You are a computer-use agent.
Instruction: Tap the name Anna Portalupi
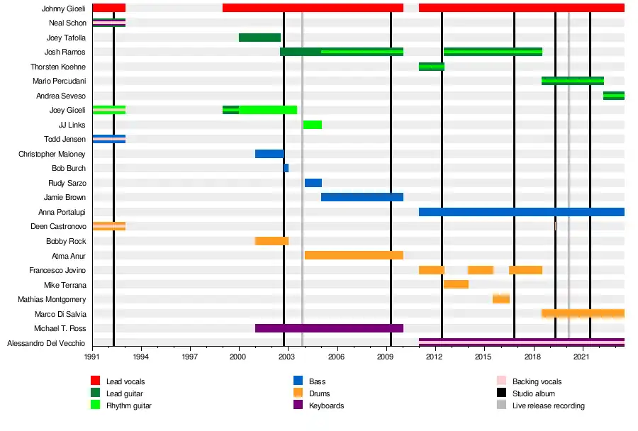[62, 212]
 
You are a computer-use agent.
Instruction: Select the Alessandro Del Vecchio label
[46, 343]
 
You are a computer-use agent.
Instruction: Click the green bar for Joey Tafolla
[259, 38]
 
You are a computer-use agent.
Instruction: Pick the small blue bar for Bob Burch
[286, 168]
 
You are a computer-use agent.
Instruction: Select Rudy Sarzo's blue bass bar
[313, 183]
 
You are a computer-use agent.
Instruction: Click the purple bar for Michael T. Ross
[329, 328]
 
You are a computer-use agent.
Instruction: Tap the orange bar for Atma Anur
[354, 255]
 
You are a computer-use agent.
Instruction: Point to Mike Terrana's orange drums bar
[456, 284]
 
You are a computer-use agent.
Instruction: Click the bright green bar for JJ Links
[313, 125]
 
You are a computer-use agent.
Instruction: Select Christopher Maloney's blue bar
[269, 154]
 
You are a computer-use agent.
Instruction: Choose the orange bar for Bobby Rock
[272, 241]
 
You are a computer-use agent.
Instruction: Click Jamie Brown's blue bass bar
[362, 197]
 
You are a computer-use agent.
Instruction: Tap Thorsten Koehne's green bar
[432, 67]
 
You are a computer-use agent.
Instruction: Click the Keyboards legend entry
[327, 405]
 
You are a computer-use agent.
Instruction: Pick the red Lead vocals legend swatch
[96, 381]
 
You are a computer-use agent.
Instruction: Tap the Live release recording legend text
[548, 405]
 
